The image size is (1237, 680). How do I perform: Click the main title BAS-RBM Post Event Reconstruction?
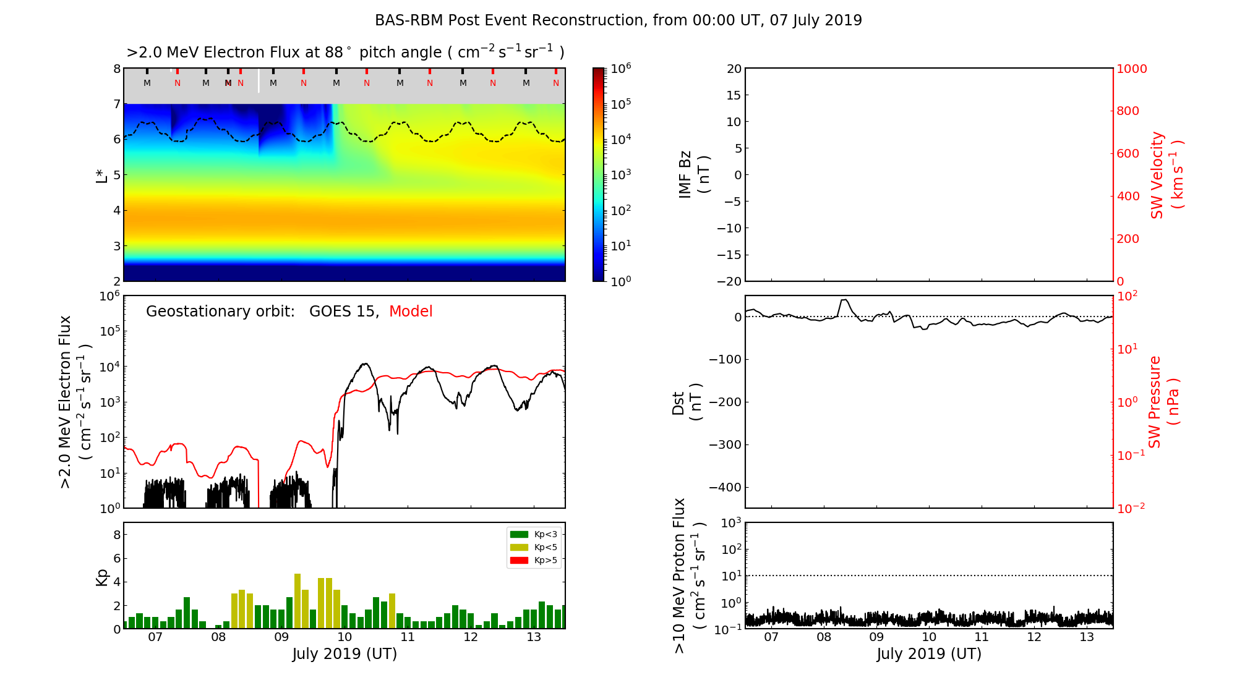coord(618,20)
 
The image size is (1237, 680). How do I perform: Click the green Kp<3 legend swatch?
coord(518,534)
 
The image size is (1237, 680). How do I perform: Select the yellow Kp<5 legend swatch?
coord(518,547)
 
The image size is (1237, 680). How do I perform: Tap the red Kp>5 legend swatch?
coord(518,561)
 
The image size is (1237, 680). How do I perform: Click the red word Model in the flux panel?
coord(411,312)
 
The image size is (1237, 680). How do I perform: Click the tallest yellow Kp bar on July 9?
coord(297,601)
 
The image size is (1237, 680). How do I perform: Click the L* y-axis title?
coord(101,174)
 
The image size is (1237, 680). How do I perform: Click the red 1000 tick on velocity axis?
coord(1131,69)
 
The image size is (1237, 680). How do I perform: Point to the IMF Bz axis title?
coord(694,175)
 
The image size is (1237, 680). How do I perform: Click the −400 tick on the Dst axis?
coord(726,487)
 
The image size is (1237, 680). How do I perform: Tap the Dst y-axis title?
coord(687,402)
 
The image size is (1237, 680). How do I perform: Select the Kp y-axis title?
coord(102,577)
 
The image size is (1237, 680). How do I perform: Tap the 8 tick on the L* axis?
coord(116,69)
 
